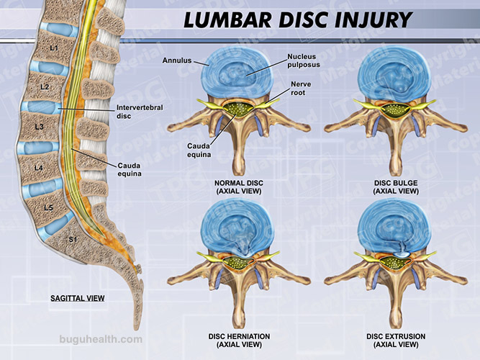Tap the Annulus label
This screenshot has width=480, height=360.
point(177,61)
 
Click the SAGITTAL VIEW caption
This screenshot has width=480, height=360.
point(78,297)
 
